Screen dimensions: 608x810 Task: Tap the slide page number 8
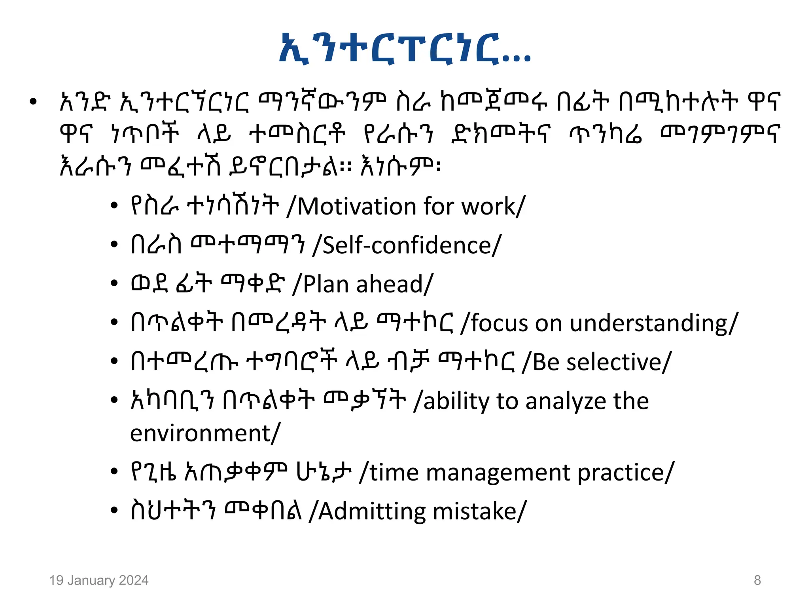(757, 580)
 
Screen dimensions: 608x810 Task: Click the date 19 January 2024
(99, 580)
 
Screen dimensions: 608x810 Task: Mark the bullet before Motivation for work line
(114, 206)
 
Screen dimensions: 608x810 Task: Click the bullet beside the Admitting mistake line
(114, 511)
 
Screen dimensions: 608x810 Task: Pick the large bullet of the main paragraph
(33, 102)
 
